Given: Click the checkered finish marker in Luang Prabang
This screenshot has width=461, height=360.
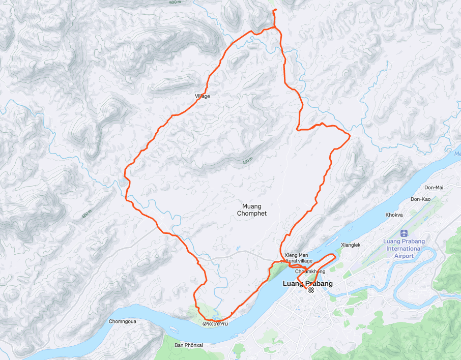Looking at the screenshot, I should (311, 289).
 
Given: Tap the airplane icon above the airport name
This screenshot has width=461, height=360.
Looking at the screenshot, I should (404, 233).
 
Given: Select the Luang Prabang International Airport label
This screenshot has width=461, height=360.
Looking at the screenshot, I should (404, 249).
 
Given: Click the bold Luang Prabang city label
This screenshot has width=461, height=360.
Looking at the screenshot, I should (307, 283).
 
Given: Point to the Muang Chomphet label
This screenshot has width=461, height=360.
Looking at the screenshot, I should (251, 209).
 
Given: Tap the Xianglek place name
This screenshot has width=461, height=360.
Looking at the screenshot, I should (351, 245).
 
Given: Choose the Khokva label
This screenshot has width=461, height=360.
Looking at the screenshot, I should (394, 215).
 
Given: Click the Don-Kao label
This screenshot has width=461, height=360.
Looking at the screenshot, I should (420, 199).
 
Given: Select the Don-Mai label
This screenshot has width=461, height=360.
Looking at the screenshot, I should (434, 188).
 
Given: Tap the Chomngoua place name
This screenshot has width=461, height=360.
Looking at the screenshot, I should (123, 321).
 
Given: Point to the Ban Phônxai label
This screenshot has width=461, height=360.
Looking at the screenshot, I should (189, 345).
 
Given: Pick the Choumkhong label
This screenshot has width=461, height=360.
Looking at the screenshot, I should (310, 272).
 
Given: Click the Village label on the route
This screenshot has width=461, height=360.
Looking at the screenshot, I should (202, 96).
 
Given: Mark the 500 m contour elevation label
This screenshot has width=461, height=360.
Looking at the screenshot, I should (175, 3).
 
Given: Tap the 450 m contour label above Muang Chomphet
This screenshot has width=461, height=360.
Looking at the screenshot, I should (247, 162).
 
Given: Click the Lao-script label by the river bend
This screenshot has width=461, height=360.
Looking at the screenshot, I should (215, 324).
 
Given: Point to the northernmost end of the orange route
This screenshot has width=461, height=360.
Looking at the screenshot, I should (274, 10).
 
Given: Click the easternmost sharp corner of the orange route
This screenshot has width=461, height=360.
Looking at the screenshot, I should (350, 135).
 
